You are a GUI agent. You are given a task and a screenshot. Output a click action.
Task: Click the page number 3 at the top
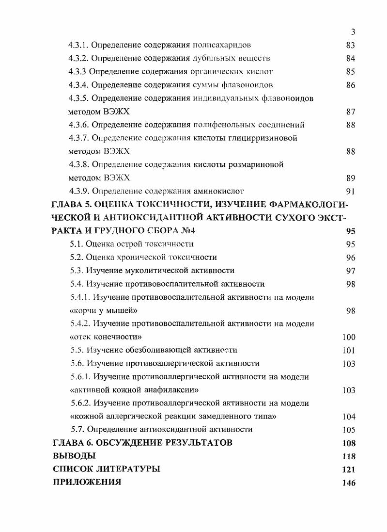353,32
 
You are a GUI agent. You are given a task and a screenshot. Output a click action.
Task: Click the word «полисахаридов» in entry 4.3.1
222,46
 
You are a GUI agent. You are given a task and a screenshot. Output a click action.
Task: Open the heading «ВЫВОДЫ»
74,456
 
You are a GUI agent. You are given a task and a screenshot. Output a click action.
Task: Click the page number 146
348,483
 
